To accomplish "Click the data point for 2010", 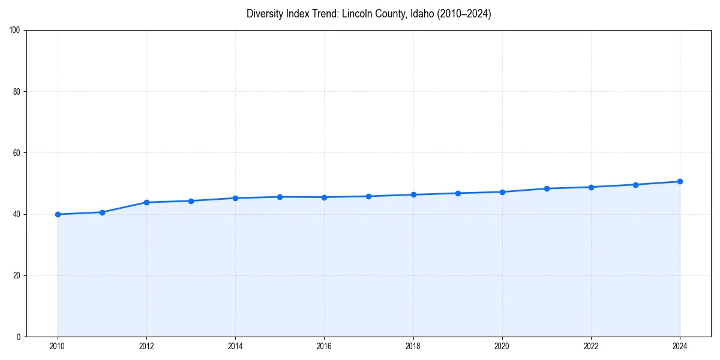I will tap(58, 214).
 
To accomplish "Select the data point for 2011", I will tap(102, 212).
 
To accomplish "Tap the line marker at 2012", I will tap(146, 202).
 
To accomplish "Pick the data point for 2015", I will tap(280, 197).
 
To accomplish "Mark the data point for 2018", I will tap(413, 194).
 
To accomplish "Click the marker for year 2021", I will tap(547, 188).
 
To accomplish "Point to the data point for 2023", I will tap(635, 185).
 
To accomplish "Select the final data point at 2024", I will tap(680, 181).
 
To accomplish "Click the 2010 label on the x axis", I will tap(58, 346).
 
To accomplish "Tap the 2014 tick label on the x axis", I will tap(235, 346).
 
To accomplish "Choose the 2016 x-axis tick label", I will tap(324, 346).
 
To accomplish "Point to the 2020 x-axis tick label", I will tap(502, 346).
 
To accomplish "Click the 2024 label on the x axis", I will tap(680, 346).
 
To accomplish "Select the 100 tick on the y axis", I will tap(16, 31).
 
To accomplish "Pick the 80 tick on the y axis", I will tap(17, 92).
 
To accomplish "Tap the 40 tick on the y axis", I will tap(17, 214).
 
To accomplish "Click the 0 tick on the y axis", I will tap(19, 337).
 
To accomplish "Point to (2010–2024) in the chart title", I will tap(464, 14).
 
